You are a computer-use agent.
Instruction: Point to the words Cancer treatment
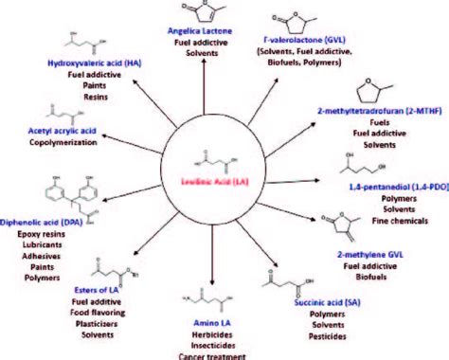coord(224,355)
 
